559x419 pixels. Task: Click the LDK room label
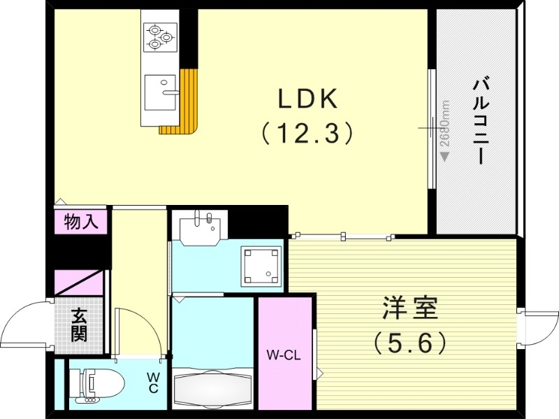coord(308,100)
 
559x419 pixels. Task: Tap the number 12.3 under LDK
coord(307,132)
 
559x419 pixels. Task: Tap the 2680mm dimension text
coord(445,125)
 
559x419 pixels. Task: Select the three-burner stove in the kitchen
coord(161,37)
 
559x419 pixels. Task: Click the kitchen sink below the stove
coord(160,92)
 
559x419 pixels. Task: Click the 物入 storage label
coord(81,222)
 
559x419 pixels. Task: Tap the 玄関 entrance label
coord(79,326)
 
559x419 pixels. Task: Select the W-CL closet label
coord(283,355)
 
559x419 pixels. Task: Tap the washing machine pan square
coord(261,266)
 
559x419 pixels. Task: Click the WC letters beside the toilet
coord(152,383)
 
